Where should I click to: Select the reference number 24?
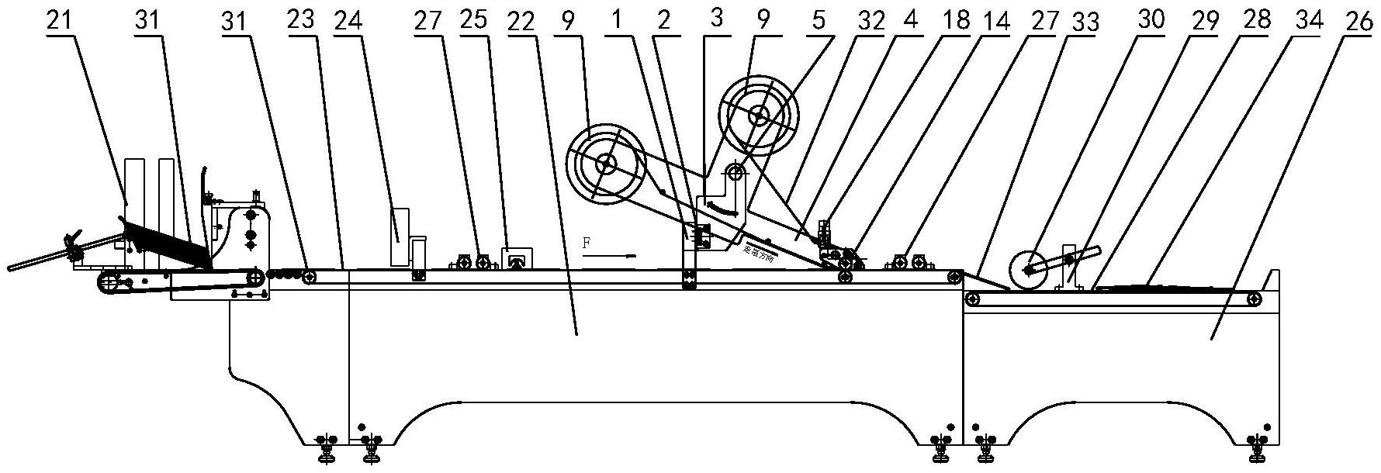click(x=349, y=21)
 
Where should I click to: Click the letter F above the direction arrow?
click(x=587, y=243)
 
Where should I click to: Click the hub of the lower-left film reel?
click(x=606, y=164)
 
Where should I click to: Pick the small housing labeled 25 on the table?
click(x=516, y=259)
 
